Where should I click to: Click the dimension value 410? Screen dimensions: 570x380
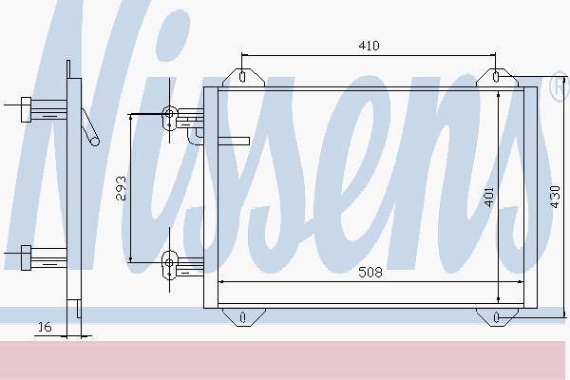point(369,46)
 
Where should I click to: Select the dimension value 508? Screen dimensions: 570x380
point(370,272)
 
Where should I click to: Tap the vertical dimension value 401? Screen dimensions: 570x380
point(489,197)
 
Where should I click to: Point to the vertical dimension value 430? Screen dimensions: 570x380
point(555,197)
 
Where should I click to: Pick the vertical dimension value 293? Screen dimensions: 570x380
point(121,188)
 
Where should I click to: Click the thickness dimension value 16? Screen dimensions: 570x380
point(45,327)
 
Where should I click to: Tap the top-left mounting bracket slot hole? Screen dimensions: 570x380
point(242,77)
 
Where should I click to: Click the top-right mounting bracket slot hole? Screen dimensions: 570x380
point(496,76)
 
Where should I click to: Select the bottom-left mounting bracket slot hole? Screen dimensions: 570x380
point(243,317)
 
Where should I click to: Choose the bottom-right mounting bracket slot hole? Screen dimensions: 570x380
point(497,317)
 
